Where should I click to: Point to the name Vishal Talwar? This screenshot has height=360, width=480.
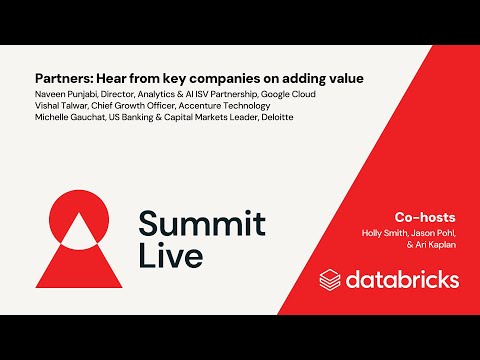tap(61, 105)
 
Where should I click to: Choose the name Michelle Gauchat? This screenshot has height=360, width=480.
tap(70, 118)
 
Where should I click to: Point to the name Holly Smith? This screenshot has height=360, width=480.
tap(384, 233)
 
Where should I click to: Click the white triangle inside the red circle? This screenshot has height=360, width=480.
tap(76, 227)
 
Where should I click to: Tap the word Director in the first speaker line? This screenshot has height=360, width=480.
tap(126, 92)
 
